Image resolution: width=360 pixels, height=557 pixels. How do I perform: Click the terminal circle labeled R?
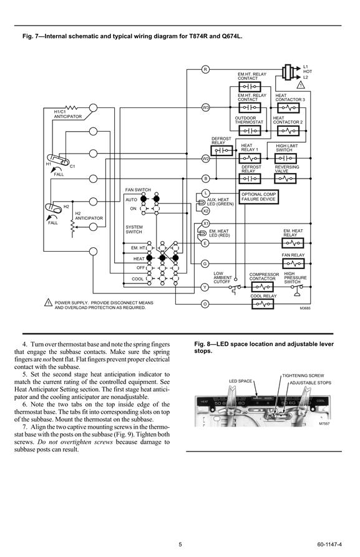click(x=205, y=69)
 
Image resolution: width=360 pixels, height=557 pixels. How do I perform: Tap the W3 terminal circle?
click(x=205, y=107)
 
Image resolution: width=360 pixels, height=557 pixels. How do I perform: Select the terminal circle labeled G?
click(x=205, y=264)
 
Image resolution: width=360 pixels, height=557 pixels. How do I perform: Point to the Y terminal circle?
click(x=205, y=287)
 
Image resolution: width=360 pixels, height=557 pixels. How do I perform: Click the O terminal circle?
click(x=205, y=304)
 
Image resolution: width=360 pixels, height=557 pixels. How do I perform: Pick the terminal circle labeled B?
click(x=205, y=179)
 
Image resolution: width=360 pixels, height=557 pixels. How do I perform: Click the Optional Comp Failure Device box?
click(x=259, y=197)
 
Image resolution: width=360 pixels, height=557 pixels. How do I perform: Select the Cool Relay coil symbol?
click(x=263, y=304)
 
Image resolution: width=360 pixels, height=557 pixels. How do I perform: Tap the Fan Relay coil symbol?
click(x=293, y=264)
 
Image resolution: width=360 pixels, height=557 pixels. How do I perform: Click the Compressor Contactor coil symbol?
click(x=263, y=287)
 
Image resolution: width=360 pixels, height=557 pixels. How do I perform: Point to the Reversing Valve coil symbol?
click(x=285, y=179)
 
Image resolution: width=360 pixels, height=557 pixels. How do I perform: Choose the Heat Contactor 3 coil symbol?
click(x=288, y=107)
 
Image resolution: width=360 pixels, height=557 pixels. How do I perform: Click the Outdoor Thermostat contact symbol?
click(x=250, y=131)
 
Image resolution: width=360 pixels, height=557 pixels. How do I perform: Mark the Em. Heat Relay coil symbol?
click(x=293, y=244)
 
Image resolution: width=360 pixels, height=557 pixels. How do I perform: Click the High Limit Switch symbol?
click(x=286, y=159)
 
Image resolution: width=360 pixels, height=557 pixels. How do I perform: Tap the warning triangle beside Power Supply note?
click(x=48, y=303)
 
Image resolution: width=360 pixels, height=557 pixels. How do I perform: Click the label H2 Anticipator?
click(x=89, y=216)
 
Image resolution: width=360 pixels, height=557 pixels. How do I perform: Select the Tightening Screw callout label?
click(x=303, y=375)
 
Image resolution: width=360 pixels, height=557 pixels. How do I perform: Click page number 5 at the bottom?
click(x=180, y=545)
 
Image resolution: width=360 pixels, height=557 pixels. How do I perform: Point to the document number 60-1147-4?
click(x=329, y=545)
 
